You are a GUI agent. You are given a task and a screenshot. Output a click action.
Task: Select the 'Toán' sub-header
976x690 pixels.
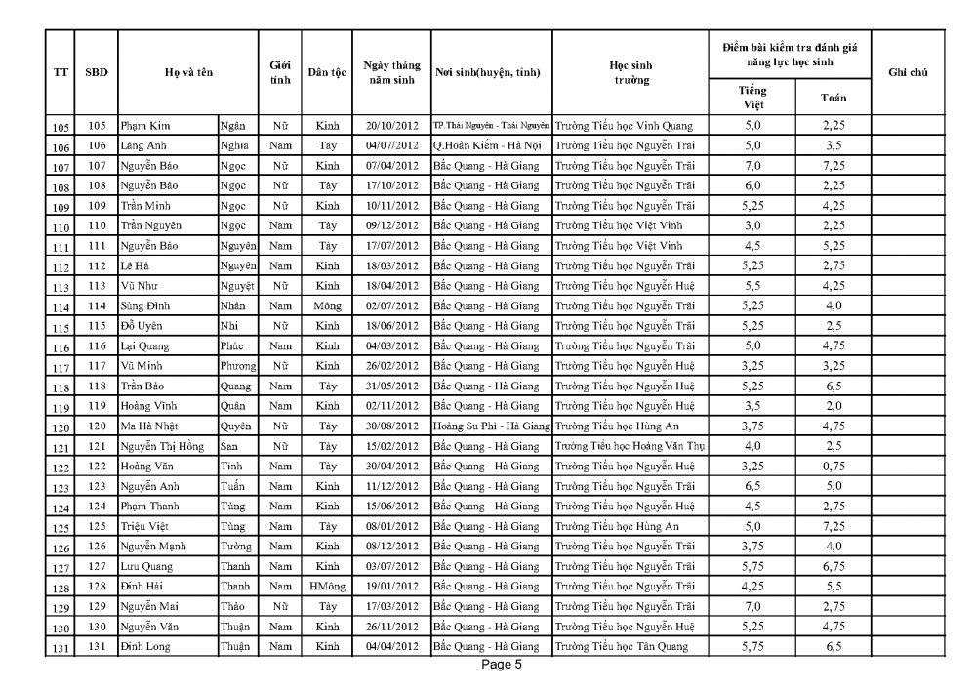coord(833,97)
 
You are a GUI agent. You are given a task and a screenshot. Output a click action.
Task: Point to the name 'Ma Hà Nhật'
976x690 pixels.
coord(149,427)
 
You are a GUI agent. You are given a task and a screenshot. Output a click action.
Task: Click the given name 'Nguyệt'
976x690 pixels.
coord(237,287)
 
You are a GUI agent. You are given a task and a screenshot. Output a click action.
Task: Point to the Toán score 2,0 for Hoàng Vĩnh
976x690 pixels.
coord(833,407)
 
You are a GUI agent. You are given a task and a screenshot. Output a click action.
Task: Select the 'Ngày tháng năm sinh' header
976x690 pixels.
coord(391,73)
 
